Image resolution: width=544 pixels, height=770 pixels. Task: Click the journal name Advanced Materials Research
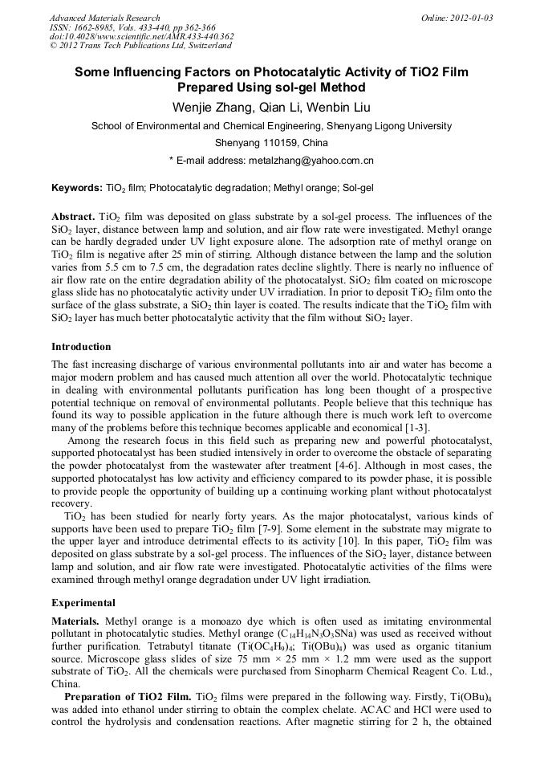[104, 18]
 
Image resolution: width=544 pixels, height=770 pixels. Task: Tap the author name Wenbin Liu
[339, 107]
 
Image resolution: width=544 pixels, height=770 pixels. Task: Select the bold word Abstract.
[73, 217]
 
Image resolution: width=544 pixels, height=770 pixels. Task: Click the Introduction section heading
[81, 347]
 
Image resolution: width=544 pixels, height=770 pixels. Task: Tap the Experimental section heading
[83, 602]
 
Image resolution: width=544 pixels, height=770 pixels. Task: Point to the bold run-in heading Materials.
[76, 621]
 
